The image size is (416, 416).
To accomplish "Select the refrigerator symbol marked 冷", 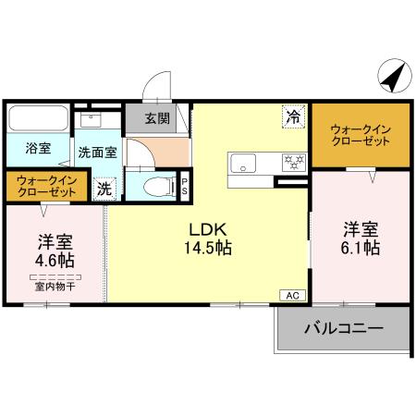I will [292, 116].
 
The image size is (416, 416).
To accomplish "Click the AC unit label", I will [290, 296].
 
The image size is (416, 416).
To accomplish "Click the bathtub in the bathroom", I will [38, 119].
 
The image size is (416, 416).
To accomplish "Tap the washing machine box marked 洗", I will [104, 188].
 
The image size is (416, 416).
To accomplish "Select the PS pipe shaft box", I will [185, 185].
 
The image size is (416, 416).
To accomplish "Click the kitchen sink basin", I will [246, 163].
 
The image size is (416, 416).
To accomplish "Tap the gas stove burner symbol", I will [294, 162].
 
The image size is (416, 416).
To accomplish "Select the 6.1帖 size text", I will [360, 247].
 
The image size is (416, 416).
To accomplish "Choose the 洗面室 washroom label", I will [96, 153].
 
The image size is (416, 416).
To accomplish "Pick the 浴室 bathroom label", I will [38, 149].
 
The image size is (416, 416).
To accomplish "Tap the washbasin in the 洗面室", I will [92, 119].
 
